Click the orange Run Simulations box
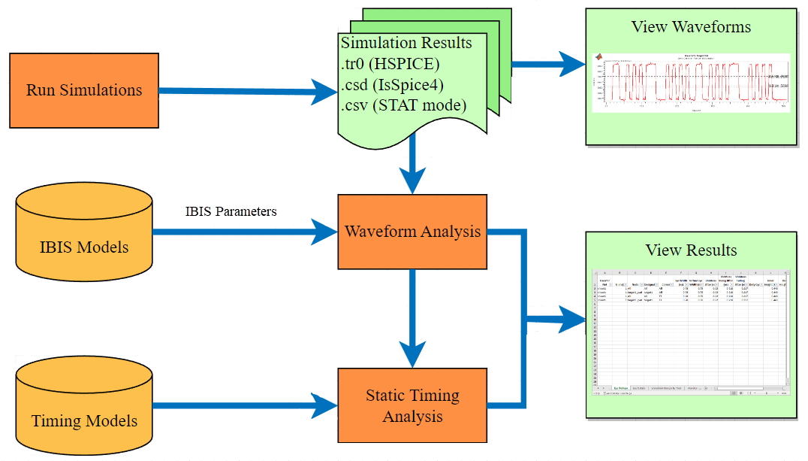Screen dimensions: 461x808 (x=83, y=89)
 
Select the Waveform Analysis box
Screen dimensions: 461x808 (x=412, y=232)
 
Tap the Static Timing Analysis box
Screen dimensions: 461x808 (x=412, y=405)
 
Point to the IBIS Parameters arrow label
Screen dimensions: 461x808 (x=231, y=211)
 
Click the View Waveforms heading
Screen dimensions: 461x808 (x=691, y=27)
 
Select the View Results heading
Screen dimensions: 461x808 (x=691, y=250)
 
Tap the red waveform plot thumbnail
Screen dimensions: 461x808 (x=691, y=83)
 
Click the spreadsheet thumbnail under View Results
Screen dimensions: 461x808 (x=691, y=331)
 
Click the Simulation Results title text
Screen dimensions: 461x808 (x=406, y=43)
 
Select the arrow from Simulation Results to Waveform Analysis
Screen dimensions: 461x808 (x=412, y=169)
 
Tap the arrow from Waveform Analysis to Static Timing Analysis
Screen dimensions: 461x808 (x=412, y=316)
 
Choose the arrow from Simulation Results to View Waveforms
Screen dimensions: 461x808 (x=548, y=64)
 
